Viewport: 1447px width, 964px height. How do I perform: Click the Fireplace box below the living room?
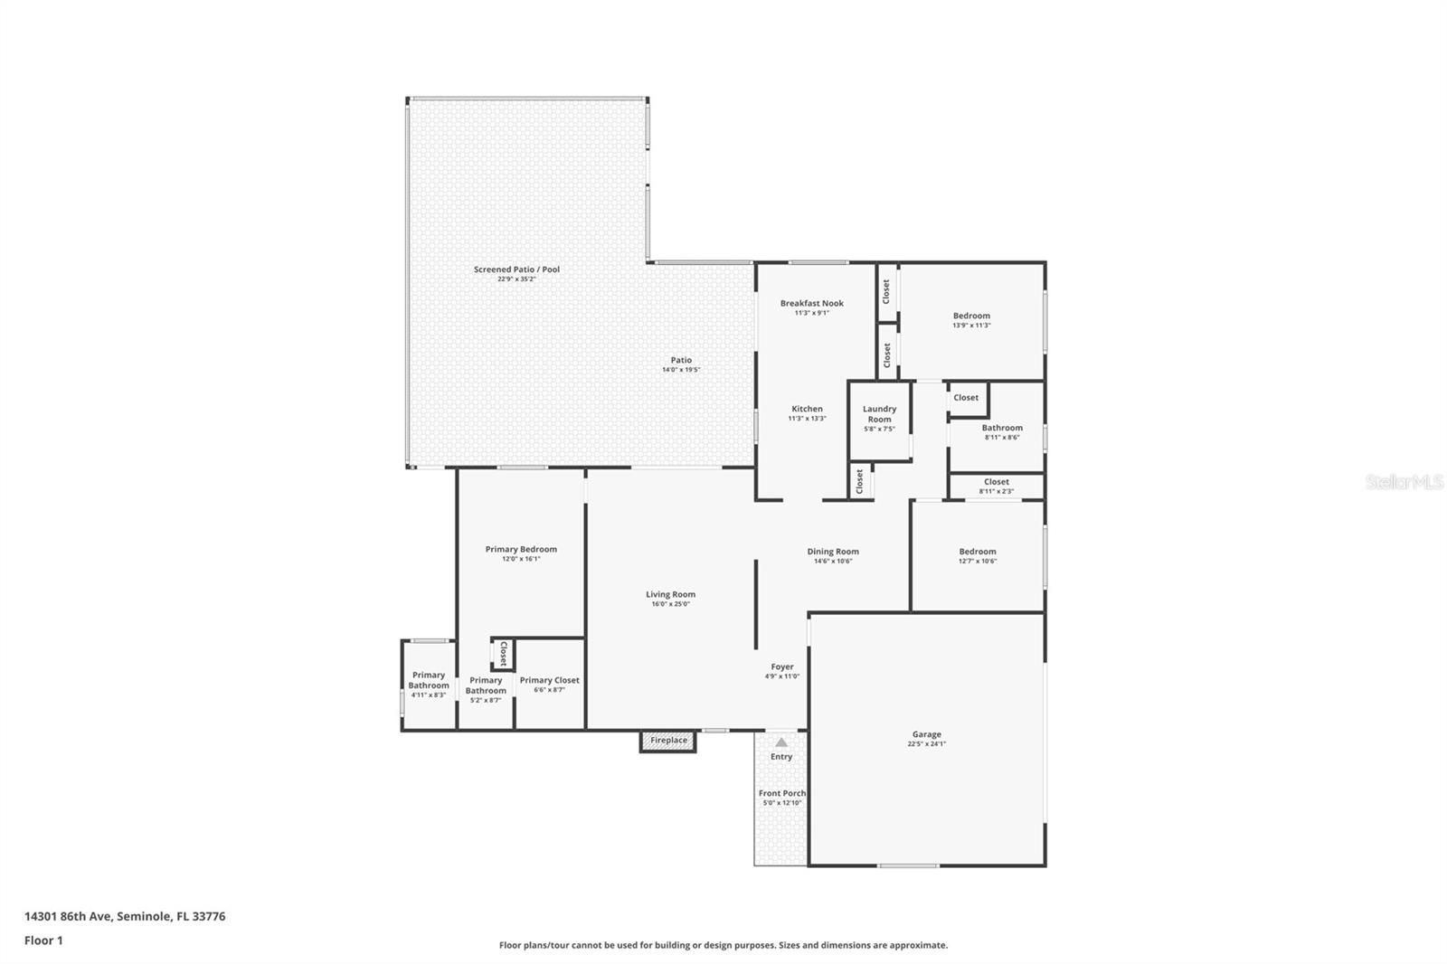click(668, 741)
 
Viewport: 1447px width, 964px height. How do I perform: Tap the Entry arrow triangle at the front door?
click(780, 742)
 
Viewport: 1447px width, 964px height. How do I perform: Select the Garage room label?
click(926, 734)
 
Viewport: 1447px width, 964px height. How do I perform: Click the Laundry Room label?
click(879, 414)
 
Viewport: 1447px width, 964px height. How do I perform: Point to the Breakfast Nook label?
click(811, 303)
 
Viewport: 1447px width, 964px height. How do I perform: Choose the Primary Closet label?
click(549, 680)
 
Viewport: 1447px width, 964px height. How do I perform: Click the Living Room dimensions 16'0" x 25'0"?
click(670, 604)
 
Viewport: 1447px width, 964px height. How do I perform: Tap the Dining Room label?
click(833, 551)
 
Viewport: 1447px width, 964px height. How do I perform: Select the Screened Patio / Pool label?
click(516, 269)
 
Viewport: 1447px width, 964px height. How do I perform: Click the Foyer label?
click(782, 666)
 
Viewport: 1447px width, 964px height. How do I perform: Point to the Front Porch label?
click(781, 793)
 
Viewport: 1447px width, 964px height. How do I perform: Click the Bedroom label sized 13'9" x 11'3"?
click(971, 316)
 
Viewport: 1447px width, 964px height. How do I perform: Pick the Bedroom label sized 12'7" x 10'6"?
click(978, 551)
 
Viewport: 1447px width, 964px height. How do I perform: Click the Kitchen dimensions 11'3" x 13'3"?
click(807, 419)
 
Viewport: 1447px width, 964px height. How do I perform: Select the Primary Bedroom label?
click(521, 549)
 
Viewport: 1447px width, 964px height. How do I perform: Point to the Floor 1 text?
click(43, 940)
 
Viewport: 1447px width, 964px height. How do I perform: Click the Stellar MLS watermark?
click(1404, 482)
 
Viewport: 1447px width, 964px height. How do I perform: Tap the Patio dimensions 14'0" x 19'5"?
click(681, 370)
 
